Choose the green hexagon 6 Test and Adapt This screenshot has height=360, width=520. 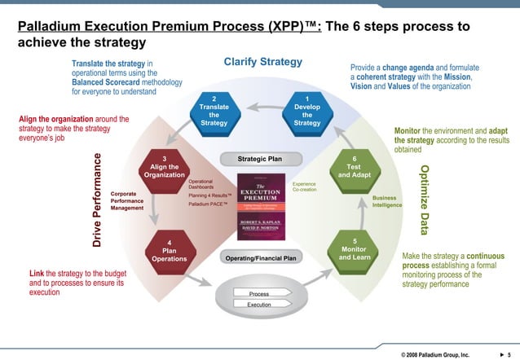[354, 168]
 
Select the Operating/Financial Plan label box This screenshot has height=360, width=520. [259, 258]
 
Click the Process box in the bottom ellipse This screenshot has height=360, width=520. [259, 293]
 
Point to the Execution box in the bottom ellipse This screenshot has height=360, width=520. [259, 305]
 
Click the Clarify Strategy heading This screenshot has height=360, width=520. [262, 63]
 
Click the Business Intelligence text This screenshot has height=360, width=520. [386, 201]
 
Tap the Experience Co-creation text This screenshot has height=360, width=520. [304, 187]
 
